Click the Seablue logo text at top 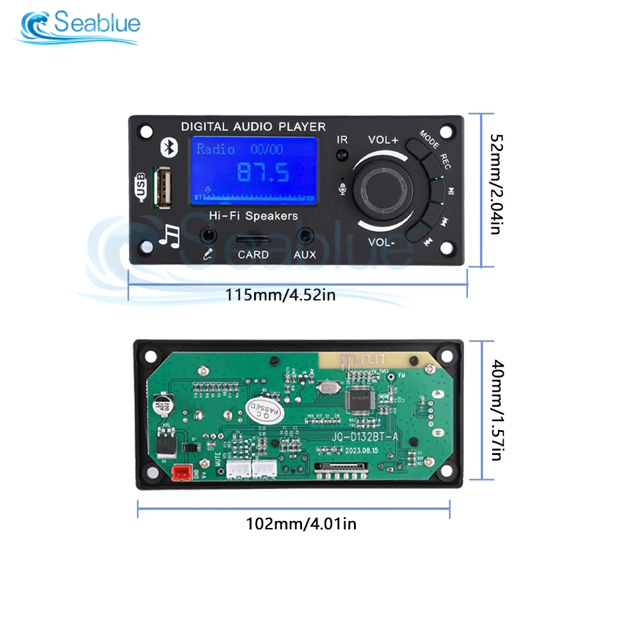(x=96, y=24)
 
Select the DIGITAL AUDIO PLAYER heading (x=253, y=127)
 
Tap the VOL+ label (x=383, y=140)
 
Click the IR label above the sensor (x=342, y=139)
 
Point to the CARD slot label (x=253, y=255)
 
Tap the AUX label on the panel (x=305, y=255)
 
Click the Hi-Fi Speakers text (x=253, y=216)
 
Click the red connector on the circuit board (x=180, y=472)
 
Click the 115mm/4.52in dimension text (x=280, y=295)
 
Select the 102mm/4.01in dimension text (x=301, y=524)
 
